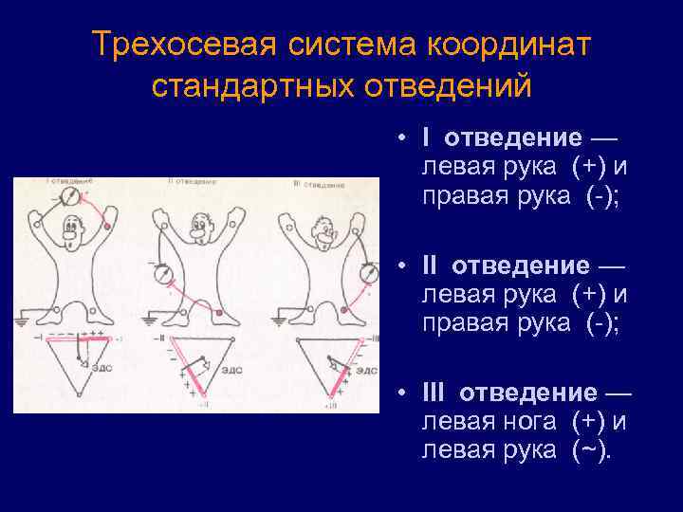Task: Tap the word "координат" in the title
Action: click(x=509, y=45)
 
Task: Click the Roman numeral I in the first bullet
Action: click(x=426, y=138)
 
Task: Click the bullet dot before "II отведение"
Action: click(x=402, y=265)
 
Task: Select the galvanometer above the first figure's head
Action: click(x=67, y=197)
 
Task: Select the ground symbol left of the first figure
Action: click(x=22, y=320)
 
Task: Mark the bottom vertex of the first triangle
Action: click(x=80, y=394)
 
